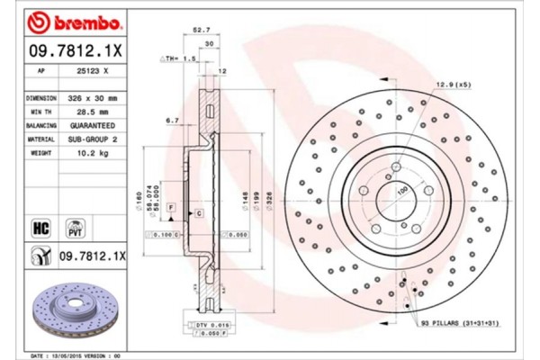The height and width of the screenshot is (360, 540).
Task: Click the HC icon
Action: [41, 226]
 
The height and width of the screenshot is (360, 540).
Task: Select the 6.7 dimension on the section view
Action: [171, 119]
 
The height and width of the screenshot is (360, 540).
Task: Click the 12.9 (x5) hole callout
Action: [454, 84]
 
